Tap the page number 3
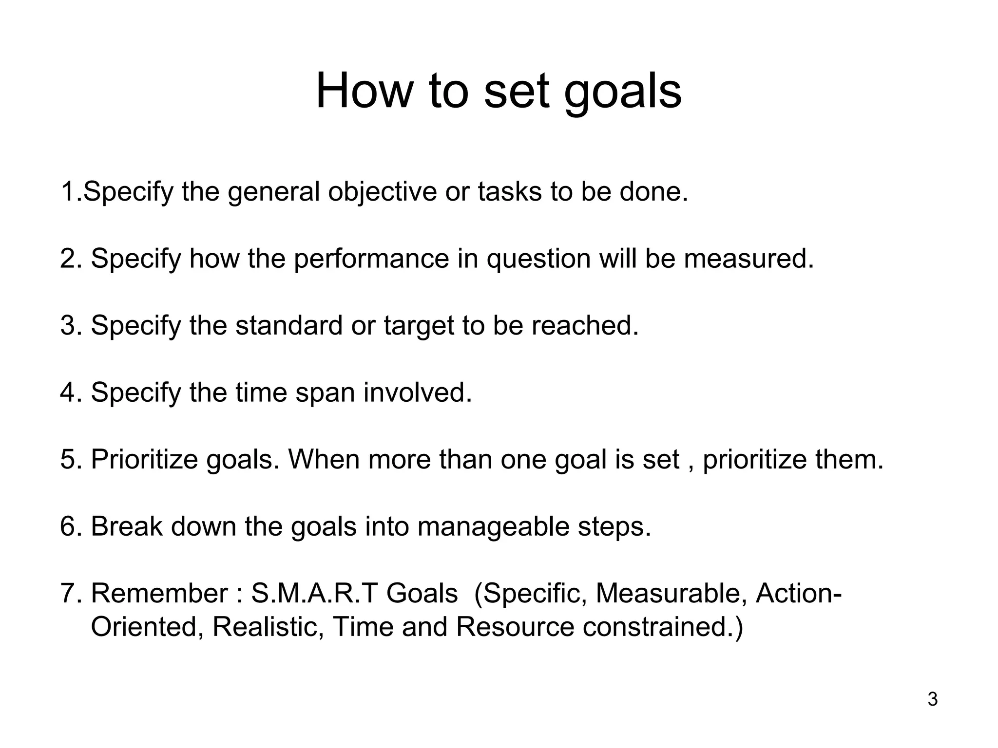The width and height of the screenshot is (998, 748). tap(932, 700)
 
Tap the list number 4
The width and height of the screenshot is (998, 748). tap(68, 393)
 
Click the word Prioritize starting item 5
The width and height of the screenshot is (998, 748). tap(144, 459)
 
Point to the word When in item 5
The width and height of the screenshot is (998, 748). tap(324, 459)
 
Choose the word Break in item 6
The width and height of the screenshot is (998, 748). tap(127, 526)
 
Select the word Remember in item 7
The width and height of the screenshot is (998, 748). tap(159, 593)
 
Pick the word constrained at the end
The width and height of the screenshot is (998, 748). tap(662, 627)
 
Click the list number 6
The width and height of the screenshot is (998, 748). tap(68, 526)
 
